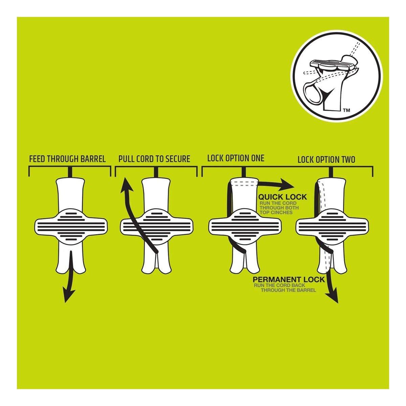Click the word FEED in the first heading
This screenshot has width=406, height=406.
(x=37, y=159)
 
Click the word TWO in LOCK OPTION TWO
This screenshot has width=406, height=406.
(x=347, y=160)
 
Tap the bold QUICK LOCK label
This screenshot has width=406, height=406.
(x=283, y=197)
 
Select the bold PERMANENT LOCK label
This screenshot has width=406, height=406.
(x=289, y=279)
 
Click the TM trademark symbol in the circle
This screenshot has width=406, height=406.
(x=346, y=110)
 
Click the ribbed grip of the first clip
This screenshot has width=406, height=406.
(x=71, y=226)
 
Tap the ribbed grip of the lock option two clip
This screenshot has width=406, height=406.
(x=332, y=226)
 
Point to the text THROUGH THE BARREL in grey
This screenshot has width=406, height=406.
(x=289, y=290)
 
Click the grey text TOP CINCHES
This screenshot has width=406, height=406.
(x=276, y=212)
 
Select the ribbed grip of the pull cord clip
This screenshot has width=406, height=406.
(x=156, y=226)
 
